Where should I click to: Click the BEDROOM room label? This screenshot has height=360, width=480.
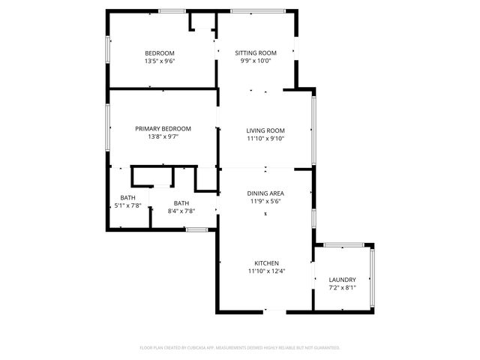tap(160, 52)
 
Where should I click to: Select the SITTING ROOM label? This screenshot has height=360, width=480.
tap(256, 52)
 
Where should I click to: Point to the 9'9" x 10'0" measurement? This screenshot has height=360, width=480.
tap(256, 61)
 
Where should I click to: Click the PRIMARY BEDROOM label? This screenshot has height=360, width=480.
tap(163, 128)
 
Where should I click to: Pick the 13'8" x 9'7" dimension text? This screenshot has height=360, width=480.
tap(163, 136)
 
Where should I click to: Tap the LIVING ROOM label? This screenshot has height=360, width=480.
tap(265, 130)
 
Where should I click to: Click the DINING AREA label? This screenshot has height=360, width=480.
tap(265, 193)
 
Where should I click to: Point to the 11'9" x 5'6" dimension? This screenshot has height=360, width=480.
tap(265, 201)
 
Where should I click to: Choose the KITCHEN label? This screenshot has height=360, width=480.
tap(266, 263)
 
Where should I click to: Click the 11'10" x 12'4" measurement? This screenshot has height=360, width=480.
tap(266, 271)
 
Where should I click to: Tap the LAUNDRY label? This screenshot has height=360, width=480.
tap(342, 280)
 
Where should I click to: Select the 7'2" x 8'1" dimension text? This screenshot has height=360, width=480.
tap(342, 288)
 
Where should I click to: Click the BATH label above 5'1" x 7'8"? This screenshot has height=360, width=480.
tap(127, 197)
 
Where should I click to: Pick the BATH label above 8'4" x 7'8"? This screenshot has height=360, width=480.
tap(181, 203)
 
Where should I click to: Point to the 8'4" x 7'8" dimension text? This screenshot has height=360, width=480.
tap(181, 211)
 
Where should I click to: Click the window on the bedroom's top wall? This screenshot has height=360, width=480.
tap(172, 10)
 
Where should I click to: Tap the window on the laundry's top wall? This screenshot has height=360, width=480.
tap(343, 244)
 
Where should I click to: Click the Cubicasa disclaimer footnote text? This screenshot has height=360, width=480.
tap(240, 348)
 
